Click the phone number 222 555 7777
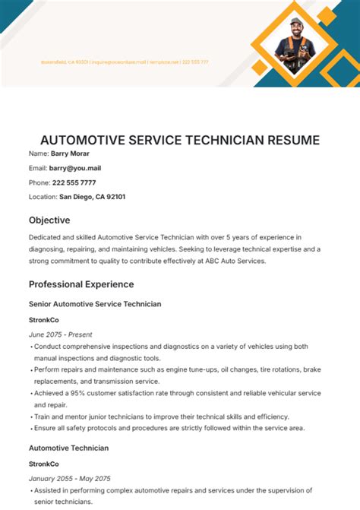[74, 182]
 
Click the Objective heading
[49, 220]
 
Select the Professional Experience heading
[81, 284]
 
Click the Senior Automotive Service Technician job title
[95, 304]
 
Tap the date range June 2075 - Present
[62, 333]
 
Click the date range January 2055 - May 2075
[70, 478]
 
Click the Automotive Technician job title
[68, 448]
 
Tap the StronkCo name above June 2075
[44, 319]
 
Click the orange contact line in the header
[125, 62]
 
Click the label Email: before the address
[38, 168]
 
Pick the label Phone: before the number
[39, 182]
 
